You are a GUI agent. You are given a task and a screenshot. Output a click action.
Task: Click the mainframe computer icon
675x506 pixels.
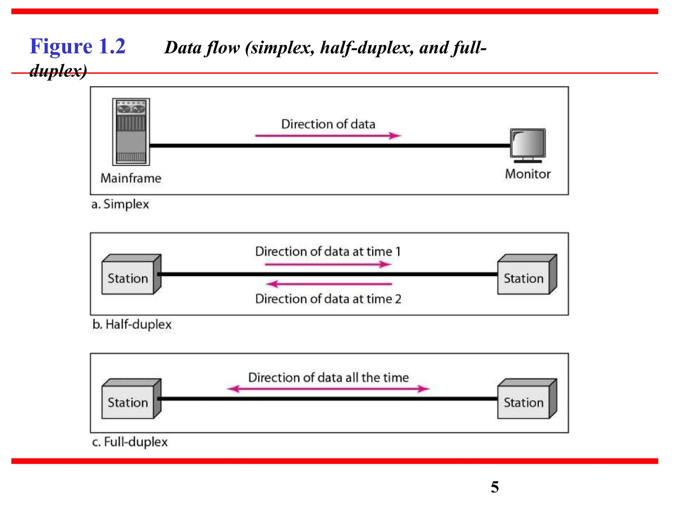coord(131,132)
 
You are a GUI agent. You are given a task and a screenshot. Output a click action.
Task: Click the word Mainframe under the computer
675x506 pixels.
coord(131,178)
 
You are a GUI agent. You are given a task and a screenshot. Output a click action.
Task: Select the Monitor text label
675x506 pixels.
coord(528,174)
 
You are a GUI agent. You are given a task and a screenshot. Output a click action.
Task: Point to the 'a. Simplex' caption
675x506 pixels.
coord(120,204)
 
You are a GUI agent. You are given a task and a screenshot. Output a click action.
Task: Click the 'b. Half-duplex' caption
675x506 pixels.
coord(132,324)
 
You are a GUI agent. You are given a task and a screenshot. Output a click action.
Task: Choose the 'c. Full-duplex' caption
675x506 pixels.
coord(130,442)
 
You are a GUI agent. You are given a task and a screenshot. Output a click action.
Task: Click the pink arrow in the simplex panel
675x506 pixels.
coord(328,135)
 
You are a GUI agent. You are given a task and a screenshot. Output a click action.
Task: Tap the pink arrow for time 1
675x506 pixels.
coord(328,264)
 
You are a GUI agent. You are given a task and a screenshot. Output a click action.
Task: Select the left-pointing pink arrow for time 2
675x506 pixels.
coord(329,284)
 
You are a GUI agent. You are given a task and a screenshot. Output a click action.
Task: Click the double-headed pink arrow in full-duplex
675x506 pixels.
coord(328,389)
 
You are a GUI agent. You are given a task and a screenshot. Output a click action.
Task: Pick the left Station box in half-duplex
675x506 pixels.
coord(131,274)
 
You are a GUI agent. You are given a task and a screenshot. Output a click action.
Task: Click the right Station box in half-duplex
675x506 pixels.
coord(527,274)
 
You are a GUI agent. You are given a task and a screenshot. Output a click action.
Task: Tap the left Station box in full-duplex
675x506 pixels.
coord(131,399)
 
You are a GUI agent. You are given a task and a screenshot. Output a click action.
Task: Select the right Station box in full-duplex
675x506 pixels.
coord(527,399)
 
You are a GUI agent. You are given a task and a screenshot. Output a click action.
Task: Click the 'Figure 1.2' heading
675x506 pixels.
coord(78,46)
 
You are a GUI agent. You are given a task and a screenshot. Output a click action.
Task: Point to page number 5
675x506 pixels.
coord(495,487)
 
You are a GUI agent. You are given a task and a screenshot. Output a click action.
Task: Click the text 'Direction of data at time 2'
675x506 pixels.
coord(328,299)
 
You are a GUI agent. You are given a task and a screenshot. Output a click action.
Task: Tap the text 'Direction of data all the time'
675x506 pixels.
coord(328,378)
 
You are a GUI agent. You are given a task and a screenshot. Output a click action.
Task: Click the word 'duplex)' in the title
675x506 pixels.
coord(58,70)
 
